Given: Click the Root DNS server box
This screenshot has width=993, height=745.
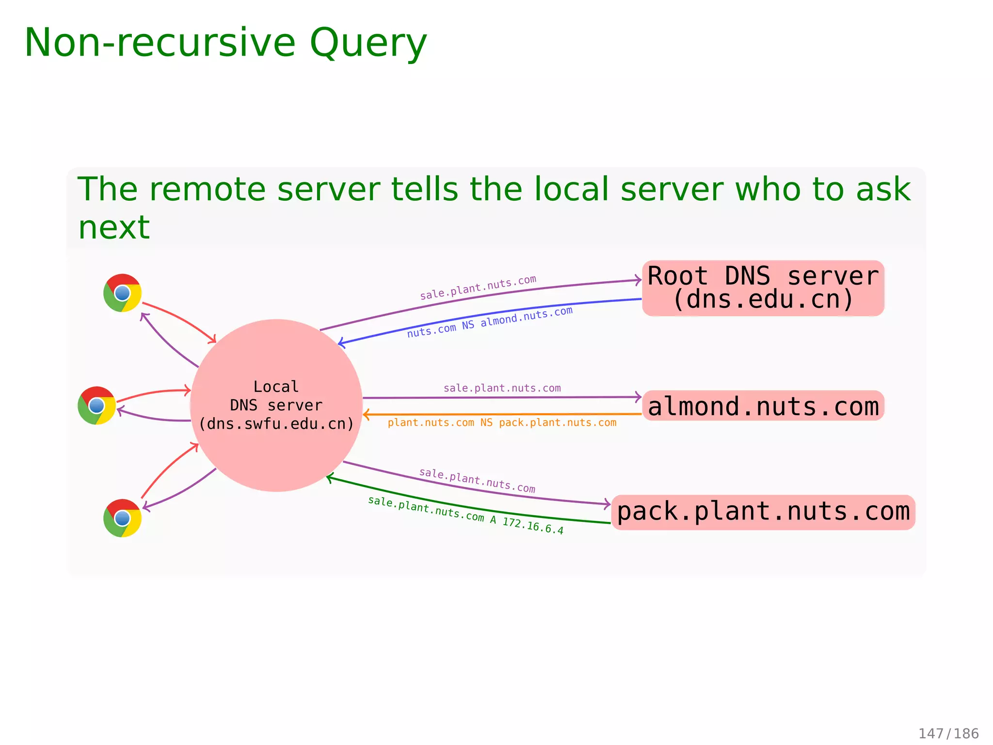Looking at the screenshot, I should pos(763,288).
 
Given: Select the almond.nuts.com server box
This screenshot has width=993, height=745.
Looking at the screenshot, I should pos(763,406).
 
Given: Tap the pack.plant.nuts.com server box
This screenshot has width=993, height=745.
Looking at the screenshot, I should pos(763,512).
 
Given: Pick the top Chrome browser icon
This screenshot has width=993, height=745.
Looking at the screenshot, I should pos(122,293).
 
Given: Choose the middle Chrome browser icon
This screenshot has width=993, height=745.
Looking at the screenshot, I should pos(96,405).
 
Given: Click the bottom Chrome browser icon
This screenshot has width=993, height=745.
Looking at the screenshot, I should pos(122,518).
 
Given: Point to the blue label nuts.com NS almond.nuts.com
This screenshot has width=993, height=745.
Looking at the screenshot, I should pos(490,322).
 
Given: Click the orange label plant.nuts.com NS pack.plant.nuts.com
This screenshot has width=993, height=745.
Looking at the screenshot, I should pos(502,423).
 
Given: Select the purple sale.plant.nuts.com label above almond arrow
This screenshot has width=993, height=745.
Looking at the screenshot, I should pos(502,388).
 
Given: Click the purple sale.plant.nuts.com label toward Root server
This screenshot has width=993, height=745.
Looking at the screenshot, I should pos(478,288).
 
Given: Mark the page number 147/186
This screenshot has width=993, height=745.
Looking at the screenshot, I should pos(948,733).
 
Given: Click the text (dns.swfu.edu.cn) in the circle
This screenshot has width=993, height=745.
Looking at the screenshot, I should pos(276,424).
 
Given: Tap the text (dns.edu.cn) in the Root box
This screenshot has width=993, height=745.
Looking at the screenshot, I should pos(763,300).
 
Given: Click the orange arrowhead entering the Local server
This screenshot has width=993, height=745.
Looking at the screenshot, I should pos(366,415).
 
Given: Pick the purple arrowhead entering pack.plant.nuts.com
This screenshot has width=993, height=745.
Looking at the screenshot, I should pos(607,504).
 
